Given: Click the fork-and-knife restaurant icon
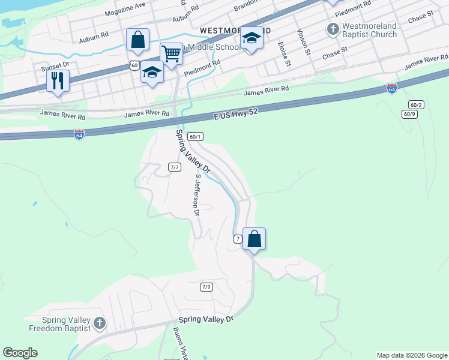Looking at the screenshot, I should coord(58,80).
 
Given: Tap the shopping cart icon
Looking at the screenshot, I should coord(171,53).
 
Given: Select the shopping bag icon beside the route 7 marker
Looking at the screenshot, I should coord(254,239).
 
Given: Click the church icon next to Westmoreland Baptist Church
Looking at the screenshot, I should coord(333,29).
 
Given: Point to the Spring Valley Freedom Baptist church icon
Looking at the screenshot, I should coord(100,324).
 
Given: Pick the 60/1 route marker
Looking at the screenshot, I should coord(194,137).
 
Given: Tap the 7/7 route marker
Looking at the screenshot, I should coord(175,167).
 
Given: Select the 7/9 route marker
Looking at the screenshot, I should coord(206,287).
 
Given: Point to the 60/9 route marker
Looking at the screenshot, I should coord(409,114).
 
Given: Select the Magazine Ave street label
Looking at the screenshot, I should coord(125,10).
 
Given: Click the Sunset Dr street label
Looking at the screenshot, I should coord(55,64).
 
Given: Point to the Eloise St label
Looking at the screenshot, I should coord(285,53).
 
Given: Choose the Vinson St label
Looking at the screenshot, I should coord(303,41).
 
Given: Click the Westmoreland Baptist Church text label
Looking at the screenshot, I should coord(369,31).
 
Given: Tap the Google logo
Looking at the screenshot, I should coord(20,353).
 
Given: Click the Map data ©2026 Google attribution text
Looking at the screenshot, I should coord(412,355).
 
